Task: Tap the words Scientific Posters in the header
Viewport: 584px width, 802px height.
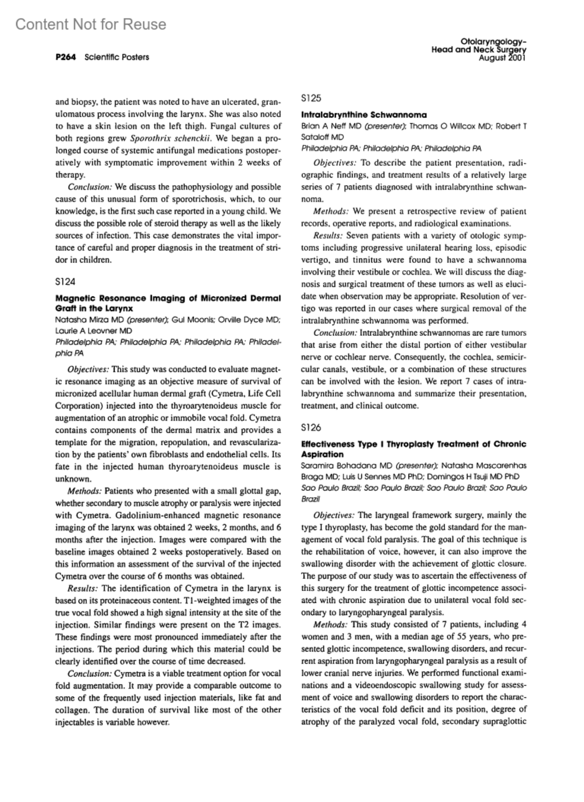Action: (x=117, y=57)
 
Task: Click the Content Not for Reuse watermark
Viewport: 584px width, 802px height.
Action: (x=91, y=24)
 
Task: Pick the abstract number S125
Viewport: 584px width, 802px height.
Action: (x=311, y=98)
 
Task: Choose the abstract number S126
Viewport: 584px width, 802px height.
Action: (x=311, y=428)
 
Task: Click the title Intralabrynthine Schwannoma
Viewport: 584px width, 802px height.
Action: (x=364, y=115)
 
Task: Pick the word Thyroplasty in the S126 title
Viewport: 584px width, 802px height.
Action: (x=409, y=444)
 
